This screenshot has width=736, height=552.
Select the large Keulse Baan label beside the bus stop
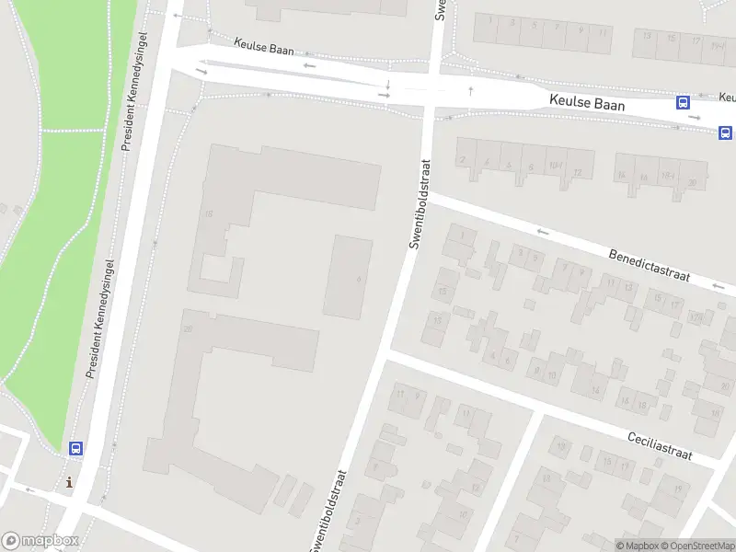tap(587, 104)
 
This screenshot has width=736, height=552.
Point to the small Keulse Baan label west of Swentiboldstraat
tap(264, 46)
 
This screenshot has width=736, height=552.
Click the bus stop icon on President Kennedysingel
tap(75, 449)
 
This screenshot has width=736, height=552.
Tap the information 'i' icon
tap(69, 482)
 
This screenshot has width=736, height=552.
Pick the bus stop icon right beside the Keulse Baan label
tap(684, 103)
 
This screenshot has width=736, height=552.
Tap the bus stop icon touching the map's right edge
tap(726, 132)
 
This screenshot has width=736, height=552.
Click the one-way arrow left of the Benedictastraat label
tap(542, 233)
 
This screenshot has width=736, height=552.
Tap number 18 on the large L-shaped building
tap(209, 214)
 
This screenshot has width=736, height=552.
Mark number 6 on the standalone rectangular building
tap(358, 279)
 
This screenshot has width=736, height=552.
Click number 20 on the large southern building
tap(188, 329)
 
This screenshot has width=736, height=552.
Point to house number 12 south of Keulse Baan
tap(578, 173)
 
